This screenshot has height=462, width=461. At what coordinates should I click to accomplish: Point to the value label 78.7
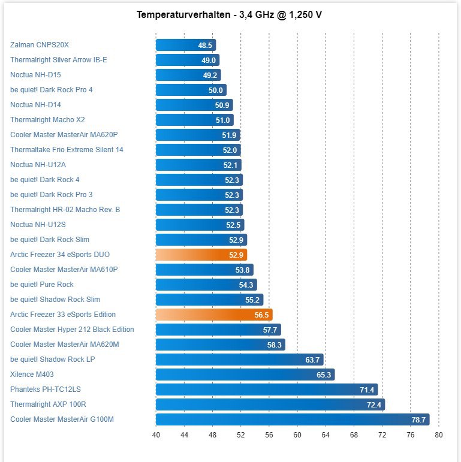(x=418, y=419)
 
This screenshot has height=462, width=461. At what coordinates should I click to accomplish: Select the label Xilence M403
(x=32, y=375)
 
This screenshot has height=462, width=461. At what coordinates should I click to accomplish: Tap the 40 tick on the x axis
(x=156, y=435)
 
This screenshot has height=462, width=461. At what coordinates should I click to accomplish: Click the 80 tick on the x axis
(x=438, y=435)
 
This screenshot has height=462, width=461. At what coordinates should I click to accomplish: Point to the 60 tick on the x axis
(x=297, y=435)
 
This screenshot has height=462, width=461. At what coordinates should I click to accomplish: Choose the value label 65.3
(x=324, y=375)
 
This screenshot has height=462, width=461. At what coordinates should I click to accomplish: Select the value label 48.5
(x=205, y=45)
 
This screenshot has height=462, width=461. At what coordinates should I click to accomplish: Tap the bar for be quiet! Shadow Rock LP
(x=239, y=360)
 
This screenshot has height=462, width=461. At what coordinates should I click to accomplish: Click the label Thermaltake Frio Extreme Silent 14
(x=67, y=150)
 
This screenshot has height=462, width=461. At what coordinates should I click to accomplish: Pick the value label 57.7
(x=270, y=330)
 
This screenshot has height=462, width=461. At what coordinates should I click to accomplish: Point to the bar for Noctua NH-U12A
(x=198, y=165)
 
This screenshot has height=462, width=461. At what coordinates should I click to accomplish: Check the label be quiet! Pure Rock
(x=42, y=285)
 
